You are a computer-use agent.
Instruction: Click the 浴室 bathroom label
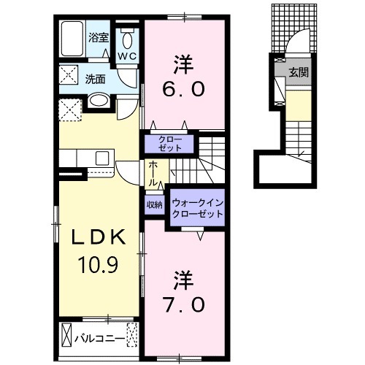99,38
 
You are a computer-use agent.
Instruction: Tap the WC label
127,57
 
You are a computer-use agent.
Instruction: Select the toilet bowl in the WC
127,40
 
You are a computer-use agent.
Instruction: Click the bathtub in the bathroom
72,39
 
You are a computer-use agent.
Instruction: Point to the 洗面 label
95,79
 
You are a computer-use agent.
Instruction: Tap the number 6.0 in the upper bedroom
183,90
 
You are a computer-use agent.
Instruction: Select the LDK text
99,237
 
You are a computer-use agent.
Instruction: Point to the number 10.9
98,265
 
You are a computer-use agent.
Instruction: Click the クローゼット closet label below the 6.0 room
170,144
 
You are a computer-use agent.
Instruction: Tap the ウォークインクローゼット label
197,208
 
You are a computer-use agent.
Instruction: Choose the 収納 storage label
155,205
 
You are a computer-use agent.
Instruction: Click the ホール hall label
153,174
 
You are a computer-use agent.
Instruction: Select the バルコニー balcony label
100,339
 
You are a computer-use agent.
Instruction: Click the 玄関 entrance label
299,72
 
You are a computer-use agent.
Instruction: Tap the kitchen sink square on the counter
102,158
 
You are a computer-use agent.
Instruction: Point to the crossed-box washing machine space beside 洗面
69,75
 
